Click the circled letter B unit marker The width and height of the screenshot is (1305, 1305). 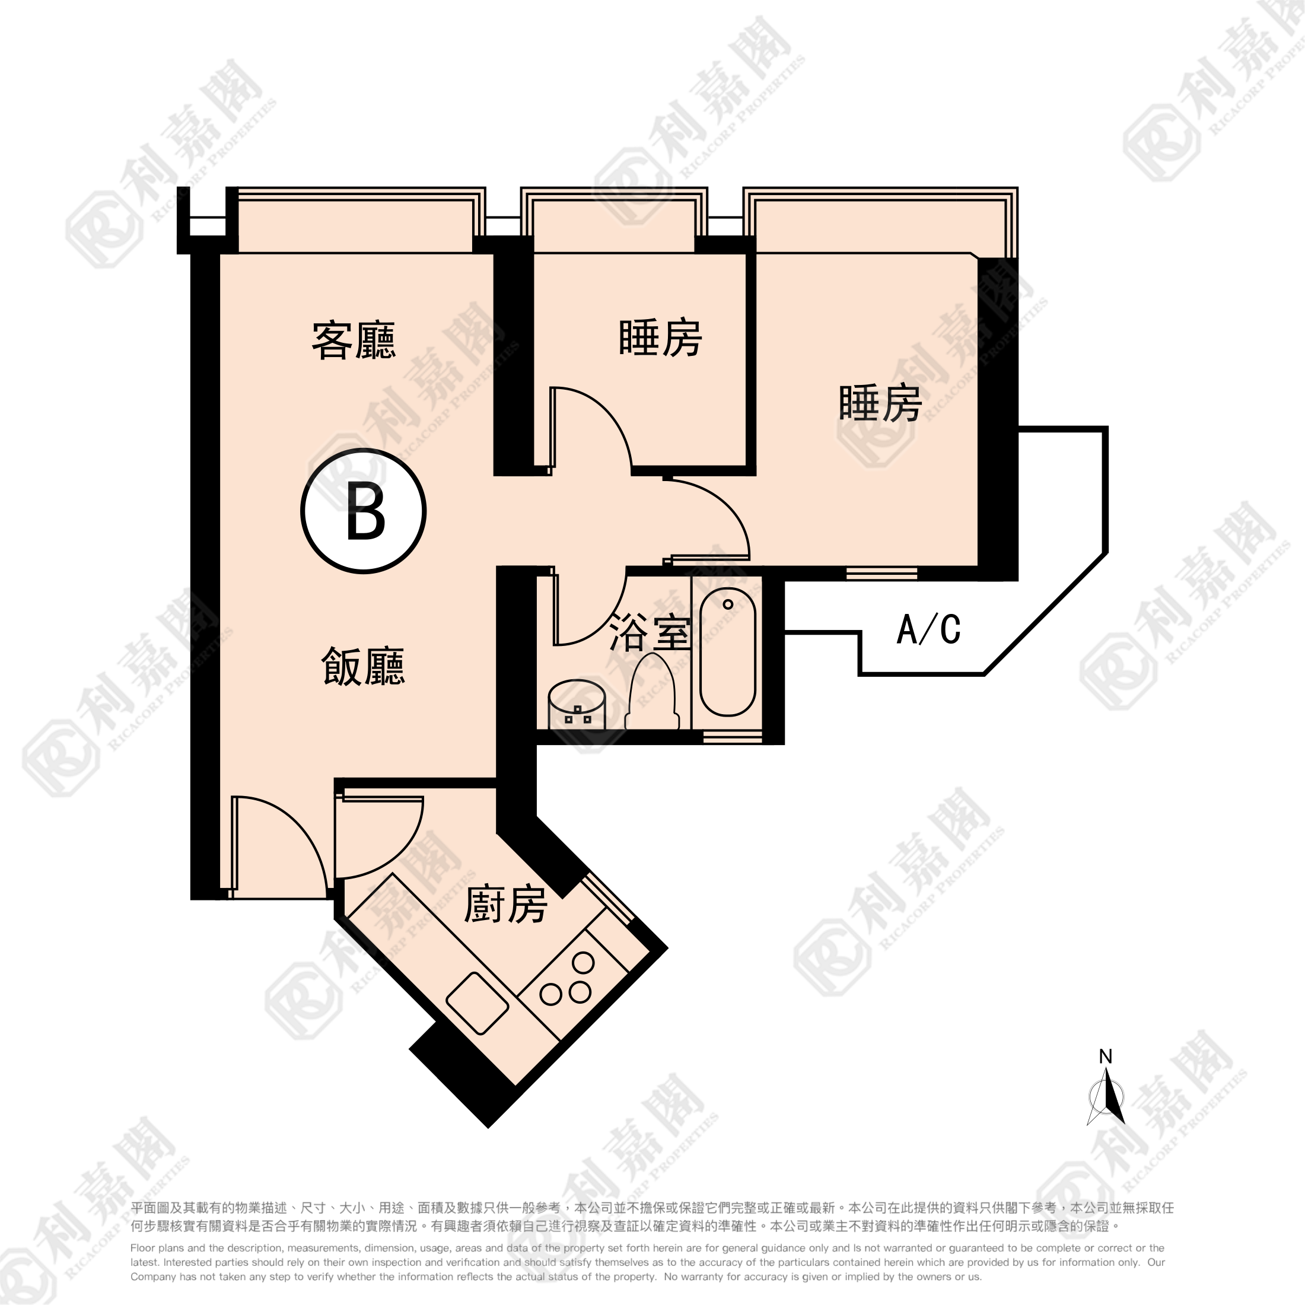tap(364, 511)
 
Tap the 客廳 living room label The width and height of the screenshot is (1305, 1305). tap(354, 340)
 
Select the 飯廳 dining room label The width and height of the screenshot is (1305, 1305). tap(362, 667)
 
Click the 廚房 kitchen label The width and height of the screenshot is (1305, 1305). tap(505, 905)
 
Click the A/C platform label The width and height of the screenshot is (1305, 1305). tap(929, 629)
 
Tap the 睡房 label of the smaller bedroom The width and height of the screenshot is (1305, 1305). tap(660, 337)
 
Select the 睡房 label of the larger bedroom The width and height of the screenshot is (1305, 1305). tap(880, 403)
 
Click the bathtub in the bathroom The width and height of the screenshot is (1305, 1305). tap(727, 652)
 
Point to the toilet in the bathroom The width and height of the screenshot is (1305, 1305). tap(652, 692)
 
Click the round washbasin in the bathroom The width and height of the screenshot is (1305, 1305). tap(576, 704)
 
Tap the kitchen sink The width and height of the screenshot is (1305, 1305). tap(478, 1003)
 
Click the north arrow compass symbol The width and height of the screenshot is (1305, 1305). tap(1106, 1100)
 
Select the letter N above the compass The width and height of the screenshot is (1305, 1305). tap(1106, 1056)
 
